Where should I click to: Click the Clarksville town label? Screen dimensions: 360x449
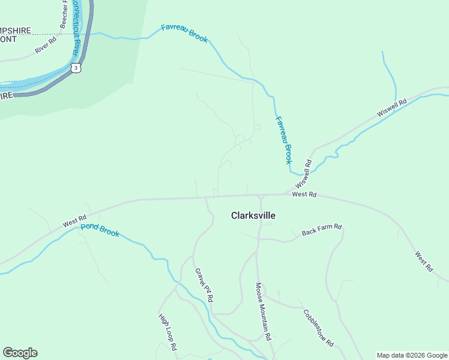tap(253, 215)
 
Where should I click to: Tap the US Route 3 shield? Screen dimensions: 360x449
tap(76, 68)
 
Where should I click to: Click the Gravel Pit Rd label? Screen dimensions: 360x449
tap(204, 284)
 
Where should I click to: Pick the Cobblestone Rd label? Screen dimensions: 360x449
tap(318, 328)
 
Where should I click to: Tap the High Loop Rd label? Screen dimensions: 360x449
tap(167, 332)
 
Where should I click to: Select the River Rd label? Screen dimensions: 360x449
tap(45, 46)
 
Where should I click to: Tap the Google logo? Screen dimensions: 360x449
tap(20, 353)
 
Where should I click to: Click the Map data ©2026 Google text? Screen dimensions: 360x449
tap(412, 355)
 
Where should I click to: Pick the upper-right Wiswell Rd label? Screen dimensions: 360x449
tap(392, 107)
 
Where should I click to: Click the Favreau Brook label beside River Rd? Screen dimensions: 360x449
tap(184, 34)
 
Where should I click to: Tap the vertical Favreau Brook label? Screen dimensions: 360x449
tap(283, 140)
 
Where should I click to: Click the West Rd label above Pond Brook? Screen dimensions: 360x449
tap(75, 221)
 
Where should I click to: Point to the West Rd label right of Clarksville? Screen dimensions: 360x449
tap(304, 194)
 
